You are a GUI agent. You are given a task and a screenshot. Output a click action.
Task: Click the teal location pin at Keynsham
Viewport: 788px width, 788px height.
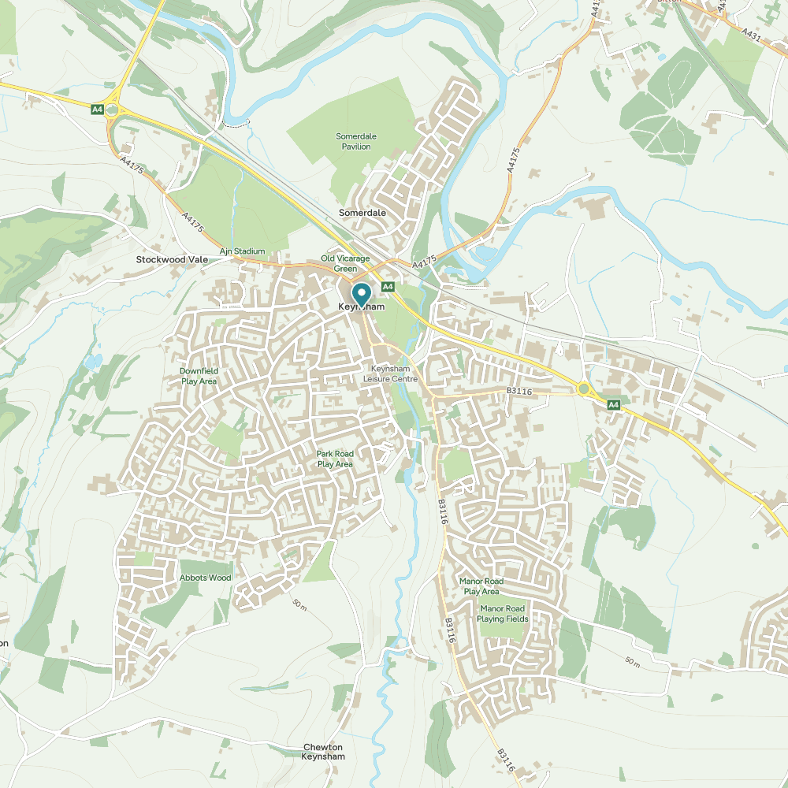click(x=361, y=294)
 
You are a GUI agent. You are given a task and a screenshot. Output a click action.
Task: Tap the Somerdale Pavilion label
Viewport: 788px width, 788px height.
click(x=356, y=141)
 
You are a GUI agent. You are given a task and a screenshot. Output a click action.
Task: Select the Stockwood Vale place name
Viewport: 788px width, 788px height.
click(x=172, y=259)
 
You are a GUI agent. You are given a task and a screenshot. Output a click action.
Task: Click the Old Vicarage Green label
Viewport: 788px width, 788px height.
click(x=345, y=263)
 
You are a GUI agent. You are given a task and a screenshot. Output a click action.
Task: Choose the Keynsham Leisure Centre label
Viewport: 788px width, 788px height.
click(x=389, y=374)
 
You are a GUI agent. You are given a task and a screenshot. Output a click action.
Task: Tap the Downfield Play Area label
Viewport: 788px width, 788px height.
click(x=199, y=375)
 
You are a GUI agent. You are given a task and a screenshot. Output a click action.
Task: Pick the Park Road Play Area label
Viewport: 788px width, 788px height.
click(x=335, y=459)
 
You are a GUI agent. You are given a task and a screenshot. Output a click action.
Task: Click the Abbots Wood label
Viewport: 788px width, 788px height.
click(x=206, y=578)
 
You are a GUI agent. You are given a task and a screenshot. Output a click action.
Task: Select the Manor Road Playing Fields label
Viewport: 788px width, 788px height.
click(x=502, y=613)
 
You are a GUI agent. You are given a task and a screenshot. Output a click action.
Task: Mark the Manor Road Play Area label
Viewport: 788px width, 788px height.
click(x=481, y=586)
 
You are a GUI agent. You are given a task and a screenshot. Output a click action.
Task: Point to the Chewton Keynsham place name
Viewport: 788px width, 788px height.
click(x=323, y=752)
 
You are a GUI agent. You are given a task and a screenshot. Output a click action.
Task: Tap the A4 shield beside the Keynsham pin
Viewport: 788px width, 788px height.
click(x=388, y=286)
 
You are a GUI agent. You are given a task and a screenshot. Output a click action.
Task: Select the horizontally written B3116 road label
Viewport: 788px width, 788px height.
click(x=519, y=391)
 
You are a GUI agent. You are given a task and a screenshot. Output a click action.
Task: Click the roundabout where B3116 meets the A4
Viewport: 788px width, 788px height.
click(x=584, y=388)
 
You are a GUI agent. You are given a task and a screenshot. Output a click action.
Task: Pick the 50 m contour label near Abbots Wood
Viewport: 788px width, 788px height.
click(x=299, y=604)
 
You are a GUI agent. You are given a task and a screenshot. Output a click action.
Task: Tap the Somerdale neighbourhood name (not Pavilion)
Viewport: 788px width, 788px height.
click(x=362, y=213)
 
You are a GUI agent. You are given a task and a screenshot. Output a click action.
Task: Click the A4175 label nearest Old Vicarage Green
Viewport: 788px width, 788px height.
click(x=424, y=261)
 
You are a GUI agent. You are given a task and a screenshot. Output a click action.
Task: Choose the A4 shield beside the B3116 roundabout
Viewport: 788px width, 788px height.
click(x=614, y=404)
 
